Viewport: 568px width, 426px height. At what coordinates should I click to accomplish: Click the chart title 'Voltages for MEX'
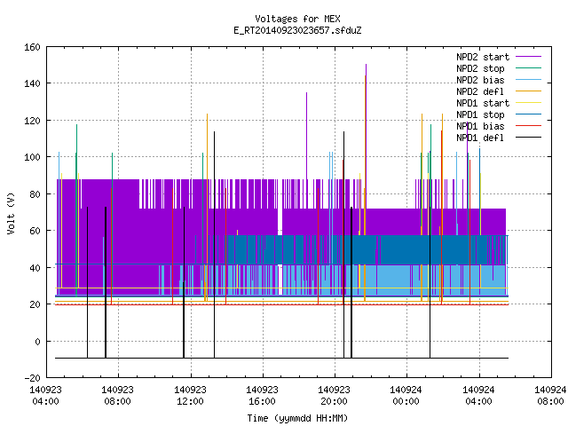point(297,19)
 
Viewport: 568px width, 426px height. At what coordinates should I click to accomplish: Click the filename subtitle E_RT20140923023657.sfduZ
point(297,30)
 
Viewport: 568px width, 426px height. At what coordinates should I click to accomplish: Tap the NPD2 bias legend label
point(480,80)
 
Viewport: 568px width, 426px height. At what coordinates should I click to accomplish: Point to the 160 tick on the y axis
point(32,47)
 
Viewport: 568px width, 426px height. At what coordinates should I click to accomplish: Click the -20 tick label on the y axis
point(32,378)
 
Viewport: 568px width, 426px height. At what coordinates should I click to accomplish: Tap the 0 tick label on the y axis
point(37,341)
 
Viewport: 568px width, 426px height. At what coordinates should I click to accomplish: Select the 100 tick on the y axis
point(32,157)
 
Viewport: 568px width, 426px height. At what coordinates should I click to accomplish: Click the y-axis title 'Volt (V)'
point(11,214)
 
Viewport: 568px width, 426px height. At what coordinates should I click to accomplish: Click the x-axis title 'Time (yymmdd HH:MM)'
point(297,418)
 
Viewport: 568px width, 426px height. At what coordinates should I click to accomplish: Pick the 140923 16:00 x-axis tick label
point(262,396)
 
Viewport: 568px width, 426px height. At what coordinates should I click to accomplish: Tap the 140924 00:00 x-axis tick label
point(406,396)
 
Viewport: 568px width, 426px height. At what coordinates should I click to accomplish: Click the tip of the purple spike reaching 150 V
point(366,65)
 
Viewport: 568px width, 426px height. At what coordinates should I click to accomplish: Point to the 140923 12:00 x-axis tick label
point(190,396)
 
